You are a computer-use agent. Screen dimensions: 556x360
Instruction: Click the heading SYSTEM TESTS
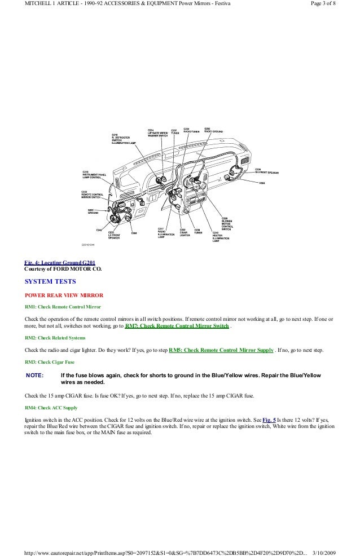(x=51, y=281)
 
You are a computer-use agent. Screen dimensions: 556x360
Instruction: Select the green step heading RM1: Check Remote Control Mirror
(x=63, y=308)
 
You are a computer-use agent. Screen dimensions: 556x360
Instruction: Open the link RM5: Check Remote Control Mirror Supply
(x=221, y=350)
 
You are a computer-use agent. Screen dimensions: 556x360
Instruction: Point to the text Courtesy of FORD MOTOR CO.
(x=60, y=269)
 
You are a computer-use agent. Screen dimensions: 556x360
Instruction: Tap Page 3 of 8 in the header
(x=335, y=5)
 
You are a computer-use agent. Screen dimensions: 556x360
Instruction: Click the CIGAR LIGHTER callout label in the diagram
(x=185, y=232)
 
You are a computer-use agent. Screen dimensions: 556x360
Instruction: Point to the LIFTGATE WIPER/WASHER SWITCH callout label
(x=157, y=134)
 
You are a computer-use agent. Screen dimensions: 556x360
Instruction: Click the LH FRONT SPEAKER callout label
(x=115, y=235)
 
